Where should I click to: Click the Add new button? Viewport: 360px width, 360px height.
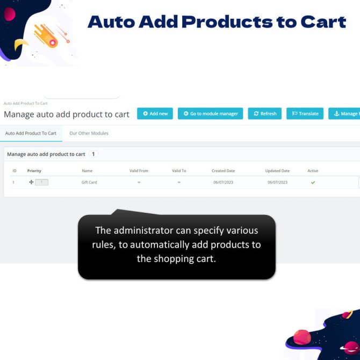click(x=155, y=113)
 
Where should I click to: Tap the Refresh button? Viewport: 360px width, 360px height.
click(x=265, y=113)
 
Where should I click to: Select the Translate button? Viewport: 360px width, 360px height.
click(x=305, y=113)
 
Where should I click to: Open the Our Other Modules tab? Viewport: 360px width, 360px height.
click(x=89, y=133)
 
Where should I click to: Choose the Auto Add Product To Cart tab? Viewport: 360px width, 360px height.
click(x=31, y=133)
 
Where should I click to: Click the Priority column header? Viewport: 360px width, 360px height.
click(x=34, y=170)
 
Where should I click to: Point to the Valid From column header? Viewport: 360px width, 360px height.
click(x=139, y=170)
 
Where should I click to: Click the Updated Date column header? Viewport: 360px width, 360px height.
click(x=277, y=170)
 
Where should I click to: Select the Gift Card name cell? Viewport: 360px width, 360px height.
click(x=89, y=182)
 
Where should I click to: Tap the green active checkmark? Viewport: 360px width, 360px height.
click(x=313, y=183)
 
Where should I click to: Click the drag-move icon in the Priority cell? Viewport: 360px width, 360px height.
click(x=31, y=182)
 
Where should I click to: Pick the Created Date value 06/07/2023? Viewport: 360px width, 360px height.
click(x=223, y=182)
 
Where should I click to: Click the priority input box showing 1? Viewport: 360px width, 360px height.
click(x=42, y=182)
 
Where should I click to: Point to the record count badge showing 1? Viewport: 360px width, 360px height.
click(x=93, y=154)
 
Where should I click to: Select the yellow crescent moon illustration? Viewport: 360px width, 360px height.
click(x=20, y=44)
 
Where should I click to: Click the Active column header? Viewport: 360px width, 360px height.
click(x=313, y=170)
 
